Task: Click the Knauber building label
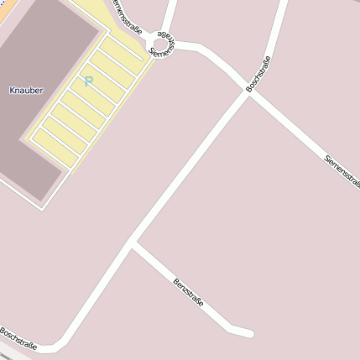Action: pyautogui.click(x=26, y=89)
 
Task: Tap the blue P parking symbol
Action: pyautogui.click(x=88, y=81)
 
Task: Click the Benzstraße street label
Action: pyautogui.click(x=188, y=290)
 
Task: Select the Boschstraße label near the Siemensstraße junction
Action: pyautogui.click(x=258, y=74)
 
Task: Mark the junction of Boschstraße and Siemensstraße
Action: pyautogui.click(x=249, y=92)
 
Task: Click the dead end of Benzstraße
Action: pyautogui.click(x=249, y=334)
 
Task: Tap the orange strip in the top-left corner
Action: pyautogui.click(x=4, y=3)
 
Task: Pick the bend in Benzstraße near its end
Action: pyautogui.click(x=230, y=326)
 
